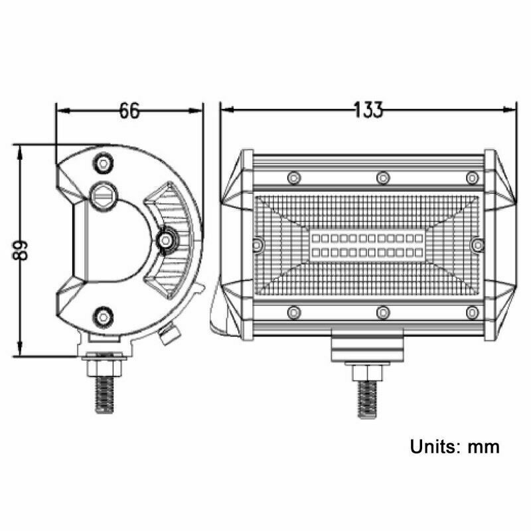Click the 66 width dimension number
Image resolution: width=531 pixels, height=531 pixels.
click(x=129, y=110)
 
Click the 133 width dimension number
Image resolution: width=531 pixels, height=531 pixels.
click(x=368, y=110)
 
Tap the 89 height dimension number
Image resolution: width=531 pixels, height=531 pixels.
click(x=21, y=250)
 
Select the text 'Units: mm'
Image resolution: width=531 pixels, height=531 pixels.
click(x=455, y=446)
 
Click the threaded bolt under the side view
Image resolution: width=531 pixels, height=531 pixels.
click(x=104, y=395)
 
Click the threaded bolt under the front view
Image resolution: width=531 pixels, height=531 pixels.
click(x=367, y=400)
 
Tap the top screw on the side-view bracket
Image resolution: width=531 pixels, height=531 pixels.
click(x=104, y=164)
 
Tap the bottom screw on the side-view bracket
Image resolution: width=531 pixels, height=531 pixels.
click(x=104, y=317)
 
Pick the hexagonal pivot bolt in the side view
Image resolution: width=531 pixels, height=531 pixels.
click(x=104, y=196)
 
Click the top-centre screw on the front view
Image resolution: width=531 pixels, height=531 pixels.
click(x=383, y=177)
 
